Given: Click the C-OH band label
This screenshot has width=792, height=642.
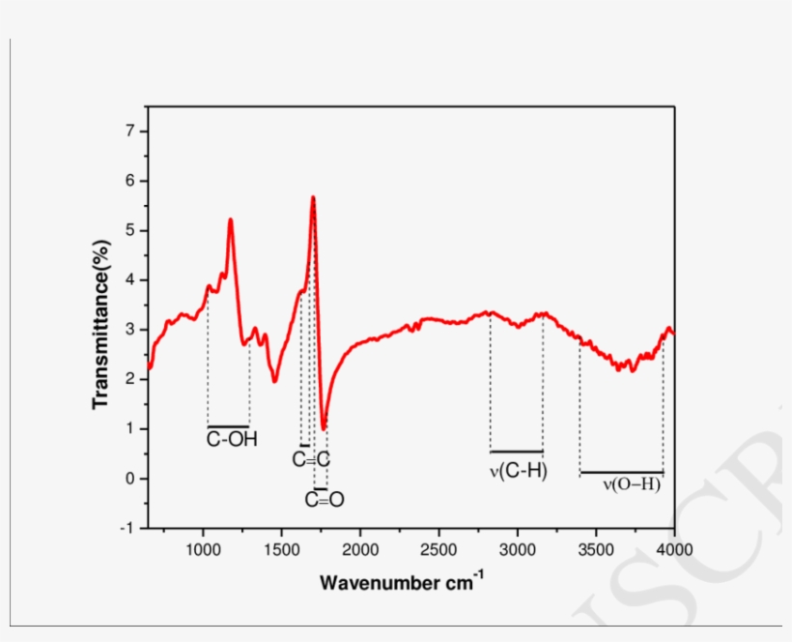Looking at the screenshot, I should point(228,440).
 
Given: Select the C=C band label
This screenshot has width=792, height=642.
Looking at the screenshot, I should point(311,460).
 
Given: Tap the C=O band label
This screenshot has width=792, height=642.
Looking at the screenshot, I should point(325,500).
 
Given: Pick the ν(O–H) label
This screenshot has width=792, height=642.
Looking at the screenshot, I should point(632,485).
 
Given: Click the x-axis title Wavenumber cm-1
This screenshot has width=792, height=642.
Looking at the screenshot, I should point(402,582).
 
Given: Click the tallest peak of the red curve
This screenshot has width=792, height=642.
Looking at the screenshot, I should point(313,197).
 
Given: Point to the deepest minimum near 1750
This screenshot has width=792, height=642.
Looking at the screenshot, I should point(325,427).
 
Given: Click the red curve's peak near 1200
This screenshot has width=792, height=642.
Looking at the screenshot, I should point(230,219).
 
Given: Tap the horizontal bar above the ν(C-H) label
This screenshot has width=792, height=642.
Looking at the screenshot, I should point(517,451).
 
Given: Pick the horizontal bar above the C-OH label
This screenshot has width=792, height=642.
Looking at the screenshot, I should point(228,425).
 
